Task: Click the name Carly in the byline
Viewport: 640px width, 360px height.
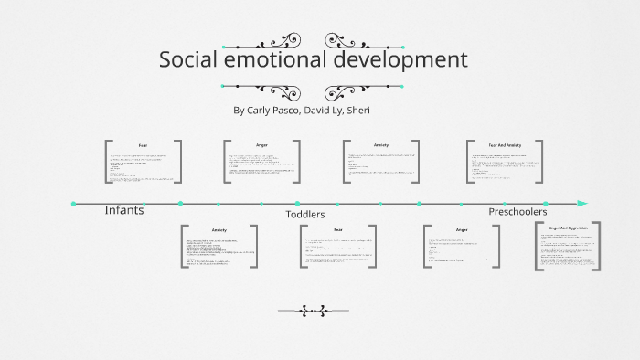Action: click(263, 111)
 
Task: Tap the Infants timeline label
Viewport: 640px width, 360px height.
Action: click(123, 210)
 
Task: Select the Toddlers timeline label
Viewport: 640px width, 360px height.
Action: click(305, 214)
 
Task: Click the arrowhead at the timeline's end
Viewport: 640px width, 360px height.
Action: click(582, 203)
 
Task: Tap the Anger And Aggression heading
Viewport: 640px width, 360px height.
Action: click(569, 226)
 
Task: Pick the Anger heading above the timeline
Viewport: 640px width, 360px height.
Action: click(262, 145)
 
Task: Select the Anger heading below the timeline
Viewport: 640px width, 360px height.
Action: click(462, 229)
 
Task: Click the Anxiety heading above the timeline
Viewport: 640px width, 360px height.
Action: click(381, 145)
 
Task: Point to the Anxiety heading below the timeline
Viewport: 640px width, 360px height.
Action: click(219, 229)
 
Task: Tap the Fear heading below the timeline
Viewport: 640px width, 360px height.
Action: click(337, 229)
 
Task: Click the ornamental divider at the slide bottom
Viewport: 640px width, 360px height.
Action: click(314, 311)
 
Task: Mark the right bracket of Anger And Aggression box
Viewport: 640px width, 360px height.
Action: click(599, 247)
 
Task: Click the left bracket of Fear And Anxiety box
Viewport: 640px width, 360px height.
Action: click(468, 163)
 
